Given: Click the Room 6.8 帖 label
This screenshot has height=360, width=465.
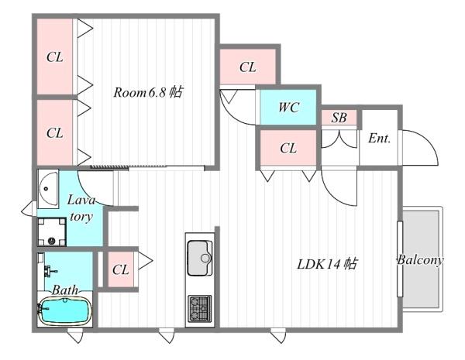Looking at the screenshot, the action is tap(148, 92).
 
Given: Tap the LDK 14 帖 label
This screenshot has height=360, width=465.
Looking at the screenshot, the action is tap(327, 264).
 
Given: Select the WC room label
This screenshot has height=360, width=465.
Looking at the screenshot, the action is tap(288, 108).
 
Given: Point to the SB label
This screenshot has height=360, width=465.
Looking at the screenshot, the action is tap(339, 118).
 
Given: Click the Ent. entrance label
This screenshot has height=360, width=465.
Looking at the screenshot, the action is tap(379, 139).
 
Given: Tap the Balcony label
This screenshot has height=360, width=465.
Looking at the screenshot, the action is tap(420, 260).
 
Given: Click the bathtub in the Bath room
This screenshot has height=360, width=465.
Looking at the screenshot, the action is tap(65, 311).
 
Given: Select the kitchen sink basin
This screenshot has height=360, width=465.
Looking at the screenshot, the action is tap(200, 258).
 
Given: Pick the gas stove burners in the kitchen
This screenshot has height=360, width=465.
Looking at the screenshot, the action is tap(200, 308).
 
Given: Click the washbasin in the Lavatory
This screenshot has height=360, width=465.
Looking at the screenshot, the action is tap(48, 188).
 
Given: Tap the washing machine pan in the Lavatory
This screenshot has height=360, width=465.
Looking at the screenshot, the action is tap(52, 231).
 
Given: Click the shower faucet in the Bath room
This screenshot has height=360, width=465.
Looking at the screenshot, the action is tap(50, 270).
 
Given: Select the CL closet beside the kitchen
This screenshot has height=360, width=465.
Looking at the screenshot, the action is tap(120, 269).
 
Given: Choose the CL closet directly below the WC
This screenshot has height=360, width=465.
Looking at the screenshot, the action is tap(288, 148).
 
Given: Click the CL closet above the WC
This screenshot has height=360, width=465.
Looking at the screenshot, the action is tap(248, 67).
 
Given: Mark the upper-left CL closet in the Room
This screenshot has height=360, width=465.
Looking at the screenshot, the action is tap(55, 57).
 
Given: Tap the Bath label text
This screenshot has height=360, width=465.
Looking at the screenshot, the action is tap(65, 290).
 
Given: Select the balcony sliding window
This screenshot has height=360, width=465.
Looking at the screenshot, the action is tap(400, 259).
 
